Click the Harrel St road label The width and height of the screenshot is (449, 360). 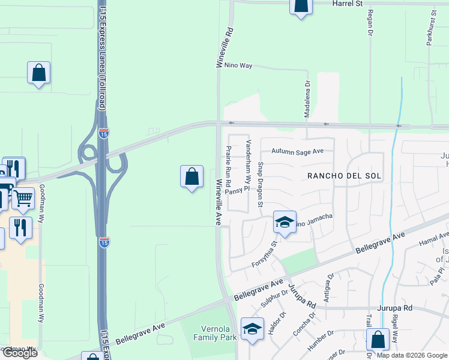348,4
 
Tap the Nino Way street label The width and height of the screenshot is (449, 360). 238,65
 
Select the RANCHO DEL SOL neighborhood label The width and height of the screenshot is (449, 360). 340,176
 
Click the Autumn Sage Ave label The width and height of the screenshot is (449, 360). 297,152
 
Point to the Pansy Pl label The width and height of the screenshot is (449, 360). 235,190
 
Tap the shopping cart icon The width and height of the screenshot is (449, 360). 23,198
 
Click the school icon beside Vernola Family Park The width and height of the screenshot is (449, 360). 252,329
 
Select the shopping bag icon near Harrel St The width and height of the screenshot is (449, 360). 301,6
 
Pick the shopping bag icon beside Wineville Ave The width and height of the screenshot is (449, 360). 191,176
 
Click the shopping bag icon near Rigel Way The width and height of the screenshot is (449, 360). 378,340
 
